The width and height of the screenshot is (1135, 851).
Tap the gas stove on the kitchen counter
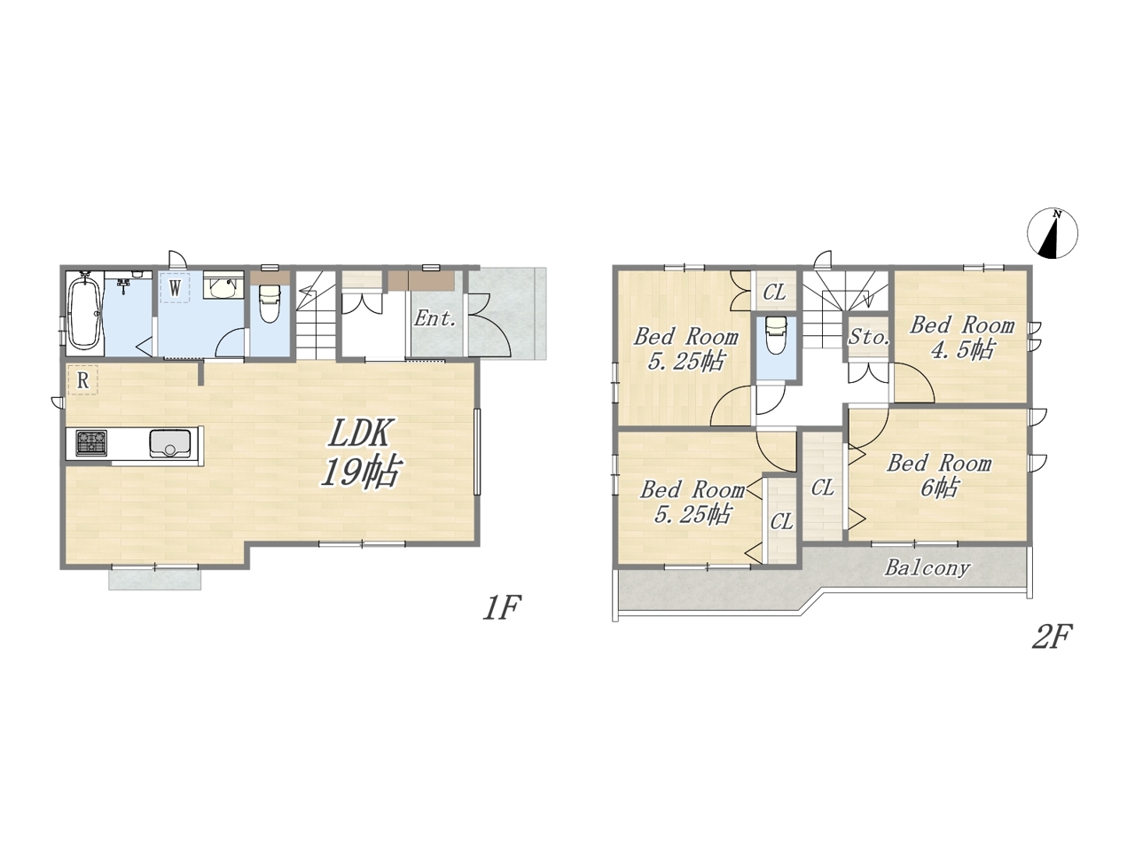91,443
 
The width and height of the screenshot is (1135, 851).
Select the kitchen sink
170,443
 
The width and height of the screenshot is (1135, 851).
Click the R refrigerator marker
82,381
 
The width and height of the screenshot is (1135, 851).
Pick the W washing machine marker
175,287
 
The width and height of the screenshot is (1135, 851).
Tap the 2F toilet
776,335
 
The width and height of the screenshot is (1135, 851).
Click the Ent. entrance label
434,319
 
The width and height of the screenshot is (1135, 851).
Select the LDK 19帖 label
359,453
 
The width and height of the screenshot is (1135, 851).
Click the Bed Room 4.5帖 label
961,338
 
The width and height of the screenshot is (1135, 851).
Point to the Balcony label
927,568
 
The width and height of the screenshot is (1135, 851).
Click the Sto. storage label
869,338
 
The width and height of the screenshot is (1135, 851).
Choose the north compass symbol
1053,233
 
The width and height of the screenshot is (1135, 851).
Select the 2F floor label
1052,636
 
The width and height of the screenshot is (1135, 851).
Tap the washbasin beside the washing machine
223,285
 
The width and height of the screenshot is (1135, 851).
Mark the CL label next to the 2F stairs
774,293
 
